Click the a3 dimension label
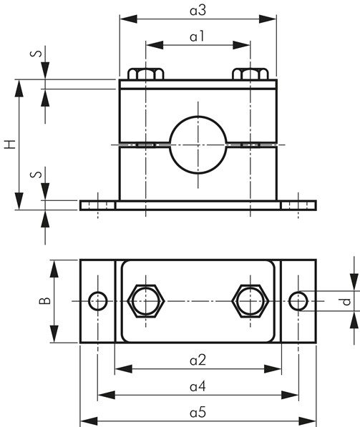coord(198,11)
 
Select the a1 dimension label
coord(197,36)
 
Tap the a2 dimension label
coord(198,360)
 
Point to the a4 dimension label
coord(198,386)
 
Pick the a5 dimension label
coord(198,413)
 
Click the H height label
coord(10,144)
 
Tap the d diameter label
coord(346,302)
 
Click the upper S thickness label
coord(37,53)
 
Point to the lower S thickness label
coord(37,174)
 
